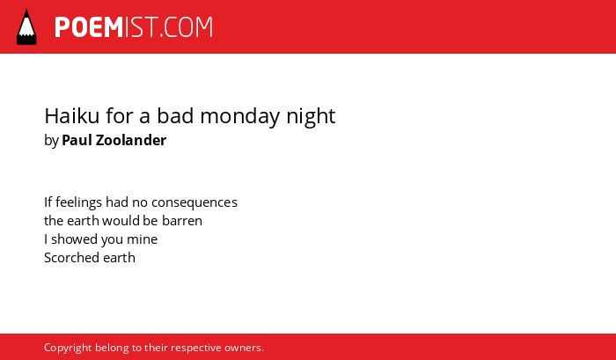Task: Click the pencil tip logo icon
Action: [x=26, y=26]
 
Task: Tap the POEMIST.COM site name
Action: [x=134, y=27]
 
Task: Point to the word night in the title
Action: [x=311, y=117]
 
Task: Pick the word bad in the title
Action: [x=175, y=115]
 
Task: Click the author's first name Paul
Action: [x=77, y=140]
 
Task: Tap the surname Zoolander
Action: [x=131, y=140]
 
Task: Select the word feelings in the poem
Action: [x=78, y=202]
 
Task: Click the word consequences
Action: [x=194, y=202]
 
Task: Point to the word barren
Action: [x=182, y=221]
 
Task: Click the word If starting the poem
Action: [x=48, y=202]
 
